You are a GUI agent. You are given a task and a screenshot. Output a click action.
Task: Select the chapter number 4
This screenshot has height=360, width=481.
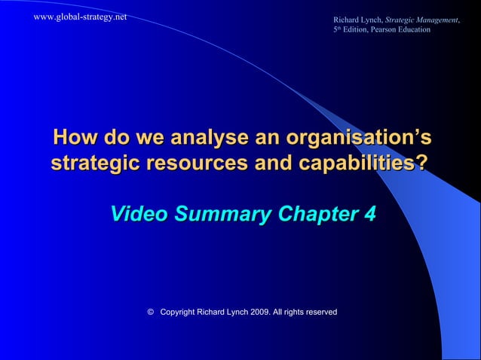[x=367, y=214]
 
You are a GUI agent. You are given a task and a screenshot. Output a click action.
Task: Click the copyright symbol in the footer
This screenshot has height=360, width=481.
[x=152, y=312]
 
